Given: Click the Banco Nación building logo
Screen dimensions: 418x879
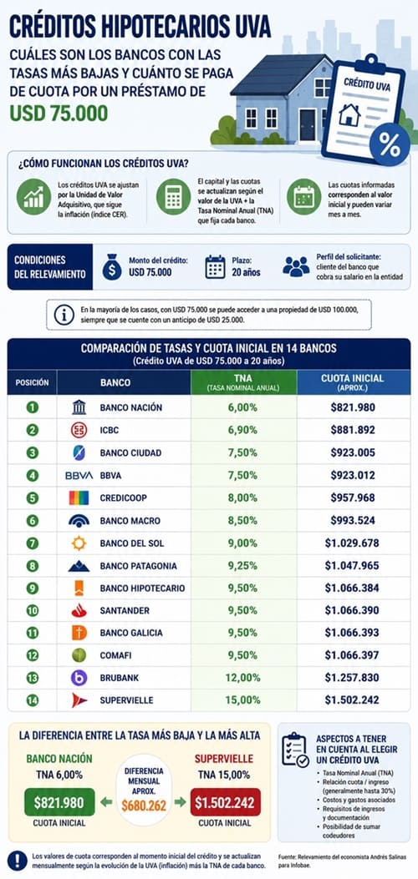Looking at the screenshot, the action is pyautogui.click(x=79, y=407).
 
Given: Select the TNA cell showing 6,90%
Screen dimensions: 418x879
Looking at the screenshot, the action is pyautogui.click(x=242, y=431).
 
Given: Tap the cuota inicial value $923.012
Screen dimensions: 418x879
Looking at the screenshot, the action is pyautogui.click(x=353, y=475).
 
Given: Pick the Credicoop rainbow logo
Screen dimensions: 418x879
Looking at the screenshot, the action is pyautogui.click(x=79, y=498).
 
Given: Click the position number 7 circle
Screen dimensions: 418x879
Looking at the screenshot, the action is pyautogui.click(x=33, y=543).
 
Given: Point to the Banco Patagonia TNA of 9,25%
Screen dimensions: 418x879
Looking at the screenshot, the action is pyautogui.click(x=242, y=566).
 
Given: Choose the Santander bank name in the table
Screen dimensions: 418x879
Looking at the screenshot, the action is pyautogui.click(x=125, y=610).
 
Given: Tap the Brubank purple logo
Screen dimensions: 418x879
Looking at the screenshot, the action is pyautogui.click(x=79, y=678).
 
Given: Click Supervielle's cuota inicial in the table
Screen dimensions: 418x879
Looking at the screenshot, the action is pyautogui.click(x=352, y=700).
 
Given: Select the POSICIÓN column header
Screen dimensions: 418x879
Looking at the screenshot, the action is pyautogui.click(x=32, y=383).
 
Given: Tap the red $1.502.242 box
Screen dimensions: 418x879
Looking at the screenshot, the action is pyautogui.click(x=226, y=803).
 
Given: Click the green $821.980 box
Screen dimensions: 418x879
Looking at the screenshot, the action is pyautogui.click(x=59, y=803).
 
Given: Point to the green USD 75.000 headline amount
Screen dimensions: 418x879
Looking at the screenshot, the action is pyautogui.click(x=59, y=114).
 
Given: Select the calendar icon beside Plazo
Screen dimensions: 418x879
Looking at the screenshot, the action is pyautogui.click(x=215, y=267).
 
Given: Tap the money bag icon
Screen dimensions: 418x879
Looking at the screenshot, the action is pyautogui.click(x=112, y=267).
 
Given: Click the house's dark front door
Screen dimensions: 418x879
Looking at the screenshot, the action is pyautogui.click(x=308, y=124).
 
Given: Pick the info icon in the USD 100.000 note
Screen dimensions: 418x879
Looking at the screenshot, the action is pyautogui.click(x=64, y=315).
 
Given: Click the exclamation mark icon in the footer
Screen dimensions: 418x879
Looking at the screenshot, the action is pyautogui.click(x=18, y=860).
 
